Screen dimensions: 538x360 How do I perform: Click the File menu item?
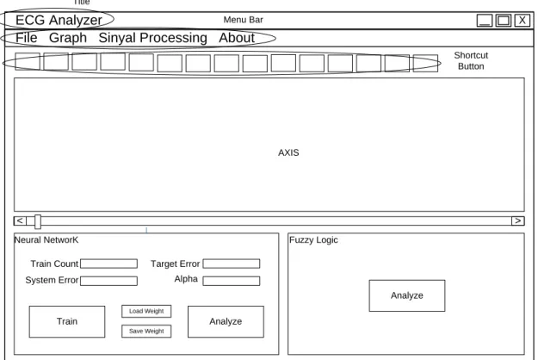(27, 38)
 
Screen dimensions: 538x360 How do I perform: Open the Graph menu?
(68, 38)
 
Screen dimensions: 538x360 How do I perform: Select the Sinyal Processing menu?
(152, 38)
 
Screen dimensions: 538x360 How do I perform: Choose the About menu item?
(237, 38)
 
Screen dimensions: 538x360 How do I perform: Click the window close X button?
(522, 21)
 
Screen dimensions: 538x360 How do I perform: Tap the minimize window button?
(485, 21)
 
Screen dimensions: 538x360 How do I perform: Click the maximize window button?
(504, 21)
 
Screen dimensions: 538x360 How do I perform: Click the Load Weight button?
(146, 311)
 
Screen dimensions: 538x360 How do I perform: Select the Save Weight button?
(146, 332)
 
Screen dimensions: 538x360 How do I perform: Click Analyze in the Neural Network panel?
(226, 321)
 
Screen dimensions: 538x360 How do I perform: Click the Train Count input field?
(108, 264)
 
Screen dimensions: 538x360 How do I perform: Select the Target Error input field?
(232, 264)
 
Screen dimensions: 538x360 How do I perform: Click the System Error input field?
(108, 281)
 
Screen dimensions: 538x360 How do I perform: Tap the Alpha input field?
(232, 281)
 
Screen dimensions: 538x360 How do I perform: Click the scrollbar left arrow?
(20, 220)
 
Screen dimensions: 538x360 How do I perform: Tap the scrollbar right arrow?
(517, 220)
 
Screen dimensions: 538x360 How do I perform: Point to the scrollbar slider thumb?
(38, 221)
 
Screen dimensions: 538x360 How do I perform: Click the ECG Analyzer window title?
(59, 21)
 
